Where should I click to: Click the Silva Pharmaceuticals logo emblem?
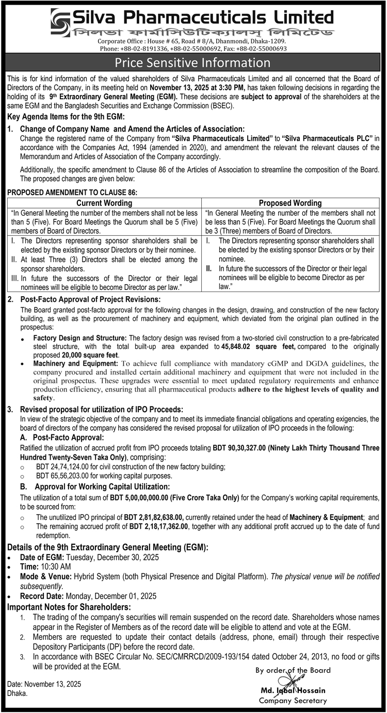61,21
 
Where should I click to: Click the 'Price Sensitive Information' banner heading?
193,63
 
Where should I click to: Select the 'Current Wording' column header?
104,203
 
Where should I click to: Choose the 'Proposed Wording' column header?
290,203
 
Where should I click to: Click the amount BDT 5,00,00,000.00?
148,497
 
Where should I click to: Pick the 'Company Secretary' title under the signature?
293,701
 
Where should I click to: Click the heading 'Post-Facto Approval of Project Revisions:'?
91,299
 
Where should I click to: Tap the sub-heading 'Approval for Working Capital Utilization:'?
101,487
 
